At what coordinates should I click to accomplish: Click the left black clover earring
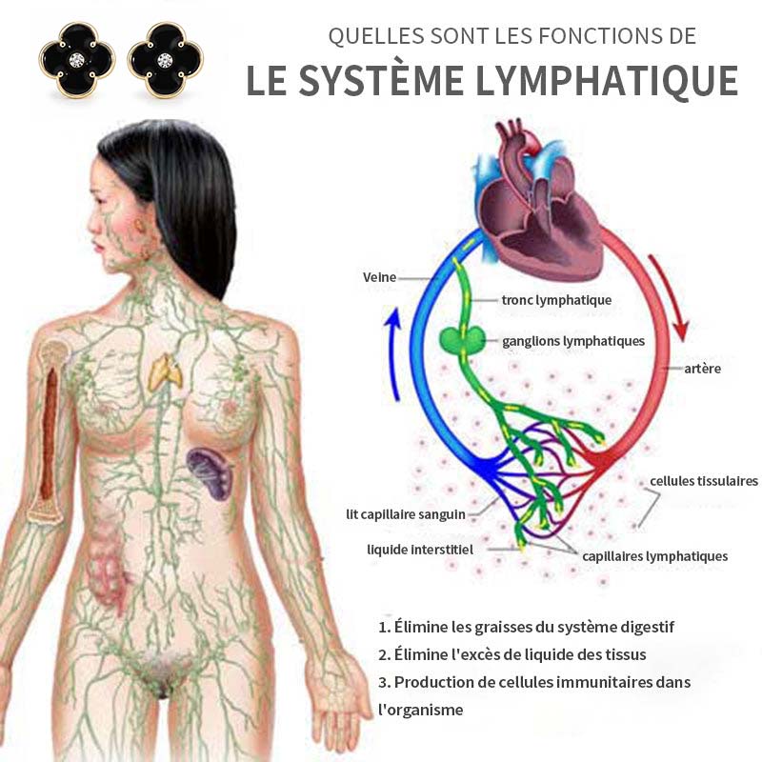click(x=77, y=60)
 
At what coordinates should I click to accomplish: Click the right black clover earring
click(x=165, y=60)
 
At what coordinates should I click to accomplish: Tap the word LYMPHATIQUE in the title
click(x=606, y=80)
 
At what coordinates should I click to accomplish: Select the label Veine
click(x=379, y=277)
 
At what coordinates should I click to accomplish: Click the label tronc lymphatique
click(x=556, y=300)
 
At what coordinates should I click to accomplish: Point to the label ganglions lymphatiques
click(x=573, y=341)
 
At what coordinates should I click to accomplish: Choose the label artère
click(x=702, y=369)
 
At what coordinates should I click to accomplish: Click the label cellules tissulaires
click(x=704, y=481)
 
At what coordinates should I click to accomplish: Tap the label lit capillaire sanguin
click(x=406, y=514)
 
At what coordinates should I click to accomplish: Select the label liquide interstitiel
click(x=420, y=550)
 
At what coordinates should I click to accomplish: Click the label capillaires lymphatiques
click(x=655, y=556)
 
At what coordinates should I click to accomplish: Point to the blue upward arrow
click(x=395, y=355)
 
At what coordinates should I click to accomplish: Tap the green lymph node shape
click(x=462, y=340)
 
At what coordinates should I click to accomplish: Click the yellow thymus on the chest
click(x=165, y=372)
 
